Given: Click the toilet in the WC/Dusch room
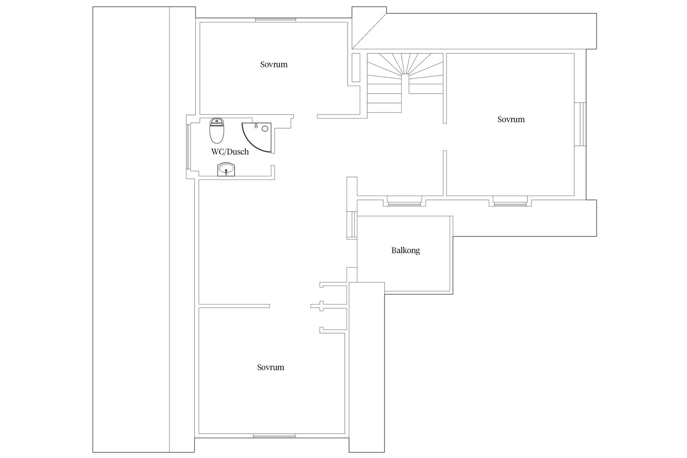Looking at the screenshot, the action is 216,131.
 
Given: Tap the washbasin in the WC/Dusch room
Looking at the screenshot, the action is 226,169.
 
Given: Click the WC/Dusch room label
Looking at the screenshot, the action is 230,152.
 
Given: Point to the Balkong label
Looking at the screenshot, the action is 405,250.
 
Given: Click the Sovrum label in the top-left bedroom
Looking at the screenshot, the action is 274,64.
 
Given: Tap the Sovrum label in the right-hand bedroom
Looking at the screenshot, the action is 511,120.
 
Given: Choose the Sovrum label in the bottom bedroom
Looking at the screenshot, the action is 271,367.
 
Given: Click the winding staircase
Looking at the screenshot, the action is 405,83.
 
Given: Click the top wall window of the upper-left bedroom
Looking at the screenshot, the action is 276,20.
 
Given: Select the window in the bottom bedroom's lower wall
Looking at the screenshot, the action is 274,435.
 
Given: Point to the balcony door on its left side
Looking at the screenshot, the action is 352,225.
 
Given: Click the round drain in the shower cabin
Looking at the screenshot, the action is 265,129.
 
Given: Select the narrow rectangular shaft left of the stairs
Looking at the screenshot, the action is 356,68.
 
